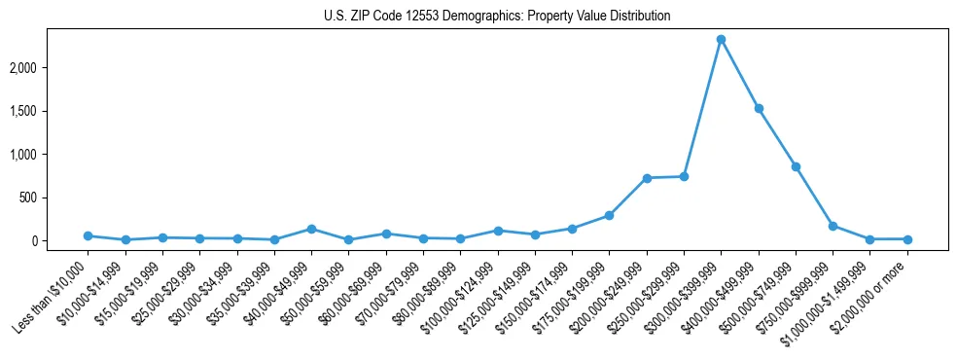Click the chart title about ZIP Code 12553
click(x=497, y=17)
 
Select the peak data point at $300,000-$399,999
click(x=721, y=40)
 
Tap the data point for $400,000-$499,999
click(x=759, y=108)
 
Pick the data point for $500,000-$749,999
click(x=796, y=166)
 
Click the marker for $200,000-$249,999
click(x=647, y=178)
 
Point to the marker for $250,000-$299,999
click(x=684, y=176)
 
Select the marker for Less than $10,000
click(x=88, y=235)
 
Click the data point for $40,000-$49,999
click(x=311, y=229)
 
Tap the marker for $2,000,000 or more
click(x=907, y=239)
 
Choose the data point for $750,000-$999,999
click(x=833, y=226)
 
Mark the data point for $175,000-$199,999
click(x=609, y=215)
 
